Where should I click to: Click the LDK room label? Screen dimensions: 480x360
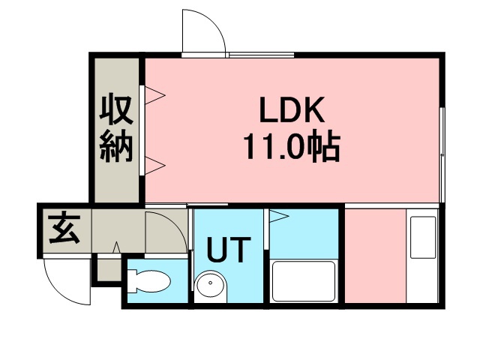pos(292,109)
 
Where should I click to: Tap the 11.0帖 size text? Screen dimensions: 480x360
pos(292,146)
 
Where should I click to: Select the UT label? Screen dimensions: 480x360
pos(229,250)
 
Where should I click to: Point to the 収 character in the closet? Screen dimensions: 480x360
pos(116,109)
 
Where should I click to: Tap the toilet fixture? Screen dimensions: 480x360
pos(149,281)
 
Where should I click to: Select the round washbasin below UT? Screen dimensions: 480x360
pos(211,285)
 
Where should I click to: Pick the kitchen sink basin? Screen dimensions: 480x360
pos(423,237)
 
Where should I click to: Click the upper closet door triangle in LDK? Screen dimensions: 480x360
pos(155,95)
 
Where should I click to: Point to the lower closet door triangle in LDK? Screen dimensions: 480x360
pos(155,166)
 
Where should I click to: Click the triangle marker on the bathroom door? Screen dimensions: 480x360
pos(278,216)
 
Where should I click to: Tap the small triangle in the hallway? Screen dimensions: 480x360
pos(116,247)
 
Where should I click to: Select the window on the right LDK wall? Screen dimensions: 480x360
pos(442,154)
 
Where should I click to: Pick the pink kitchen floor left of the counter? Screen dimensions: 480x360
pos(376,256)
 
